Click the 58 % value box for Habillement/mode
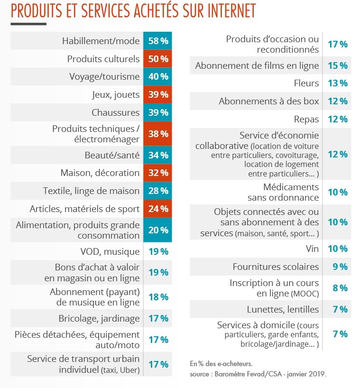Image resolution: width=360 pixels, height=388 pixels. (x=158, y=41)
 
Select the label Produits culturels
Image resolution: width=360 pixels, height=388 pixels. (x=103, y=59)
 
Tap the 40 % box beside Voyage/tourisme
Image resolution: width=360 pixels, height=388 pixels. (x=158, y=77)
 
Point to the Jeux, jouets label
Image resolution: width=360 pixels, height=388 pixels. (x=116, y=95)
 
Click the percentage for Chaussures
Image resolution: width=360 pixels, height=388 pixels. (x=158, y=113)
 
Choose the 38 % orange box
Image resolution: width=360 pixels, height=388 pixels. (x=158, y=134)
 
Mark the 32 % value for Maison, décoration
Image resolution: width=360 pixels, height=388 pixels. (x=158, y=173)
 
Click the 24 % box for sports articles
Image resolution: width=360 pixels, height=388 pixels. (x=158, y=209)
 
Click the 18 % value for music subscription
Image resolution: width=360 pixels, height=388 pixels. (x=158, y=297)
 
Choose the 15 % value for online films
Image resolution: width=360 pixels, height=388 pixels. (x=338, y=65)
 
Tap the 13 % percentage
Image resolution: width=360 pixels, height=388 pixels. (x=338, y=83)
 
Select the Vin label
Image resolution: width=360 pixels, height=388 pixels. (x=312, y=249)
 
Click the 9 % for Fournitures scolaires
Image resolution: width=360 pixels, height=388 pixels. (x=340, y=267)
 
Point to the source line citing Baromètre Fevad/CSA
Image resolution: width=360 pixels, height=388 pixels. (x=258, y=373)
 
